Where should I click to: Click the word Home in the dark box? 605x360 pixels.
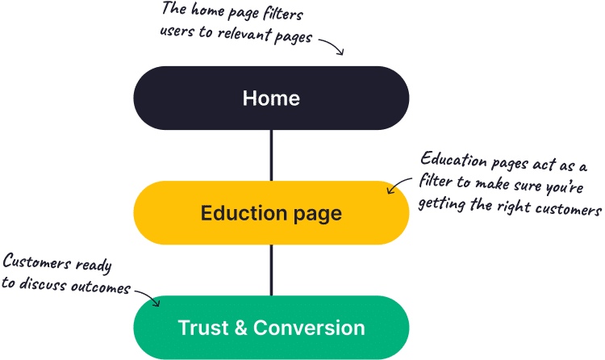271,98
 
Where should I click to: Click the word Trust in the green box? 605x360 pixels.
202,328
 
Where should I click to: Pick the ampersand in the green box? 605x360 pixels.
239,328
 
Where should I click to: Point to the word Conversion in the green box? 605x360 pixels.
309,328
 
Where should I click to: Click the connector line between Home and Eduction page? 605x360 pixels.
271,155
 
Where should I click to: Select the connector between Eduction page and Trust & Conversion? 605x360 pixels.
271,270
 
